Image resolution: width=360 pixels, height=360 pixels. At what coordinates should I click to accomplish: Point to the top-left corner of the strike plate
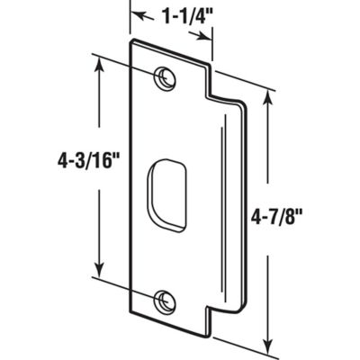coord(131,42)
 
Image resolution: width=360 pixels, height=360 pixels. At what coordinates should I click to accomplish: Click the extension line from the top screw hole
coord(126,67)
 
